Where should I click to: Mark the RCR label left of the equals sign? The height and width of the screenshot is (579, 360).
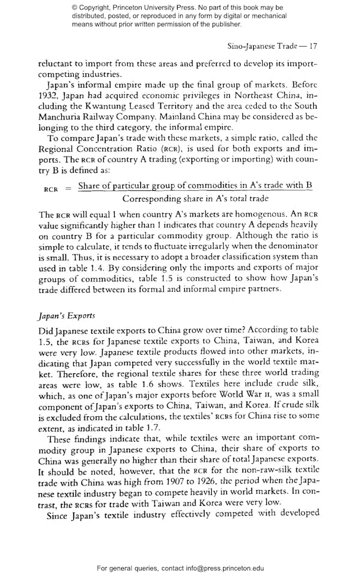click(x=51, y=188)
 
